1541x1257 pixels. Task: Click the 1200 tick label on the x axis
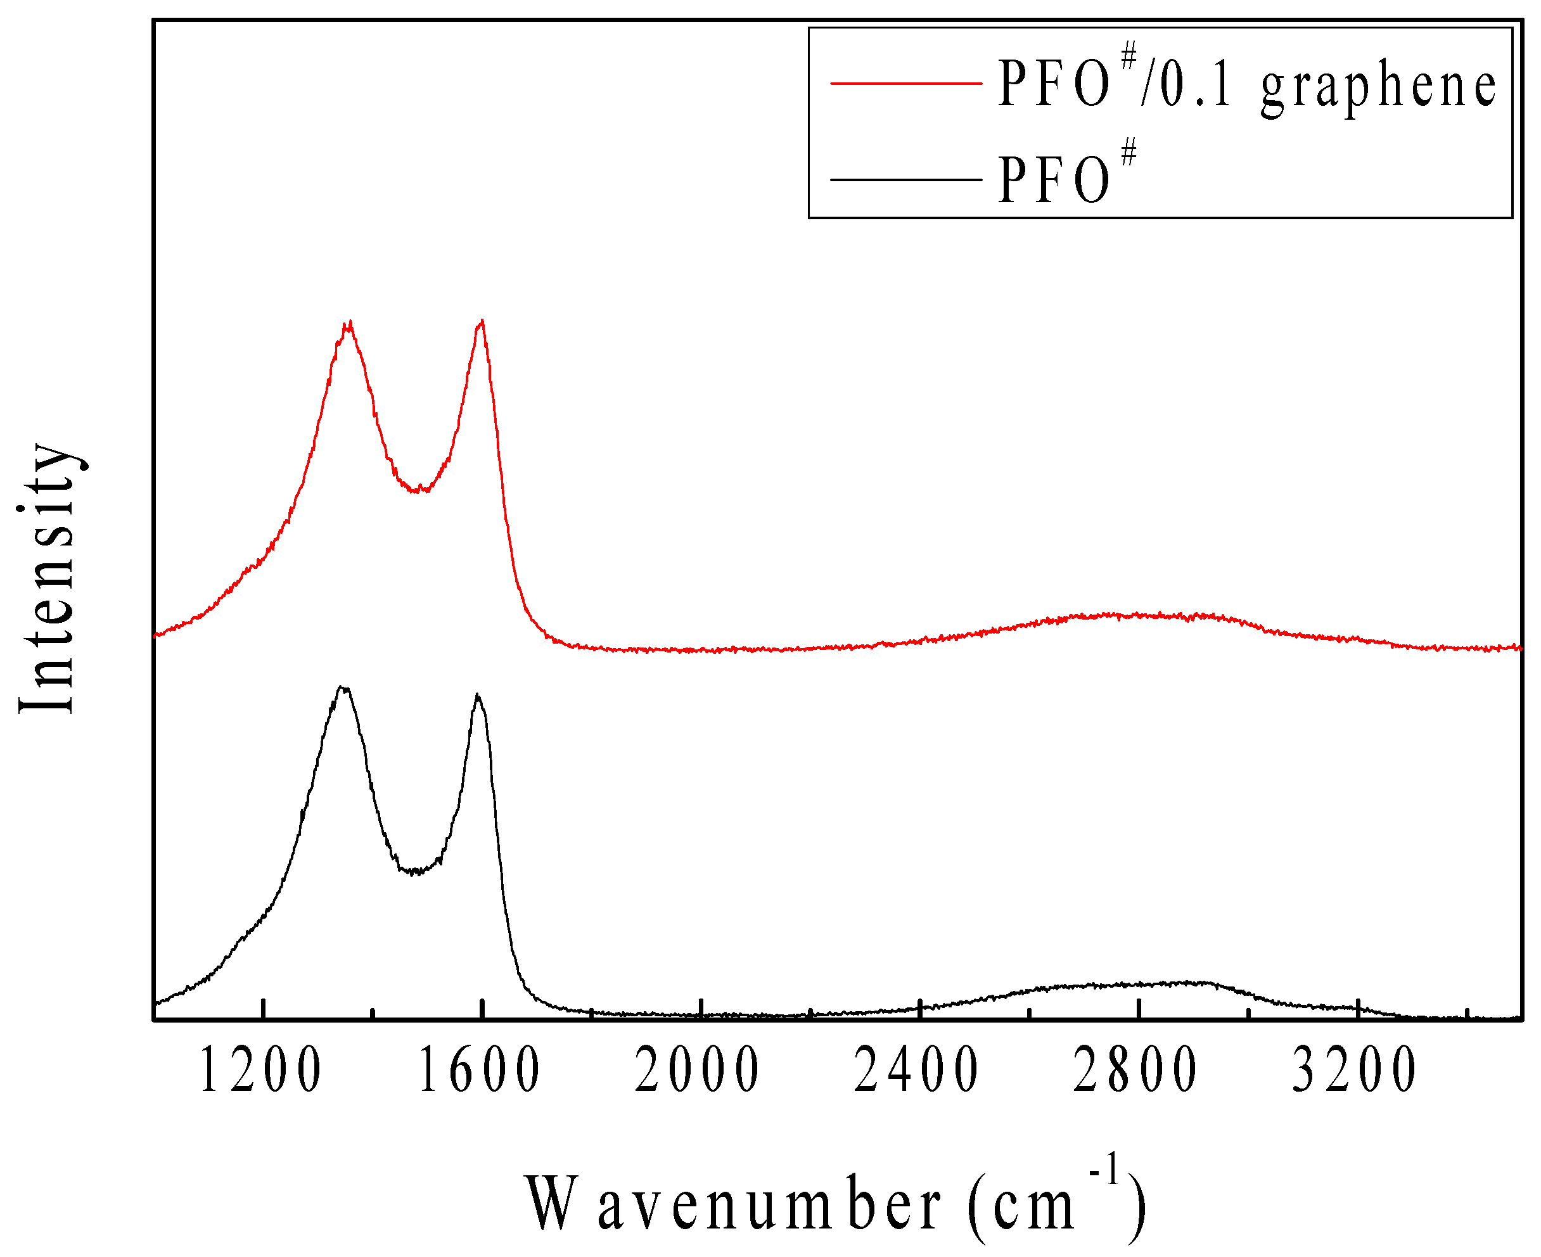(260, 1071)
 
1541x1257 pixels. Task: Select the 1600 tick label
(480, 1071)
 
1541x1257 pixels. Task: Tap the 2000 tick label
(698, 1071)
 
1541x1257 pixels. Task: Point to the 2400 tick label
(918, 1071)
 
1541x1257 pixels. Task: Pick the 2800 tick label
(1136, 1071)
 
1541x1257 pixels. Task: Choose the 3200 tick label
(1355, 1071)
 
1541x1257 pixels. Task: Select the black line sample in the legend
(906, 179)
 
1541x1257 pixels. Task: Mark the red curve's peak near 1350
(349, 324)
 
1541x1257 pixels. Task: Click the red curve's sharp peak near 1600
(482, 321)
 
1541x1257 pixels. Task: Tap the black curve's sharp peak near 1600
(477, 696)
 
